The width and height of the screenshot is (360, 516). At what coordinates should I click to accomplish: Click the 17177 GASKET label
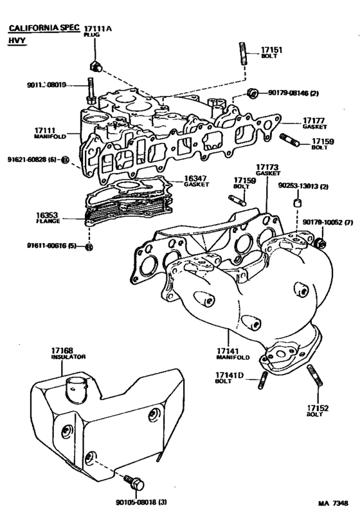(315, 123)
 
